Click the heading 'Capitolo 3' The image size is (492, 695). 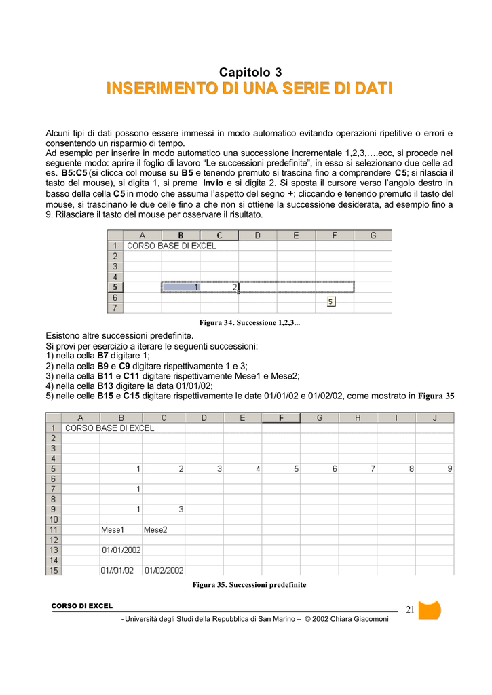(x=250, y=72)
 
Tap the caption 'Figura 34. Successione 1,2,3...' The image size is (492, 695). (x=249, y=322)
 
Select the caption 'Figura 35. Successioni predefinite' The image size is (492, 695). (x=249, y=584)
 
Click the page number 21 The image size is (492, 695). (x=409, y=609)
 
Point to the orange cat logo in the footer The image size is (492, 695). (x=430, y=610)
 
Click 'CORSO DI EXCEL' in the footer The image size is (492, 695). (x=82, y=606)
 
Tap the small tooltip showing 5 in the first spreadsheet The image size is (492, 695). (x=331, y=301)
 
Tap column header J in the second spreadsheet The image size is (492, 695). (x=435, y=417)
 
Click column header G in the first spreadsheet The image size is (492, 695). (x=373, y=236)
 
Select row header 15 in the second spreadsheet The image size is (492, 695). (x=53, y=570)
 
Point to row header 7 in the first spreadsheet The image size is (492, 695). (x=115, y=307)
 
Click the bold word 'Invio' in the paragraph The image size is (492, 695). (x=212, y=183)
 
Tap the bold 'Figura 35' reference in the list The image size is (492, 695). (x=436, y=396)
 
